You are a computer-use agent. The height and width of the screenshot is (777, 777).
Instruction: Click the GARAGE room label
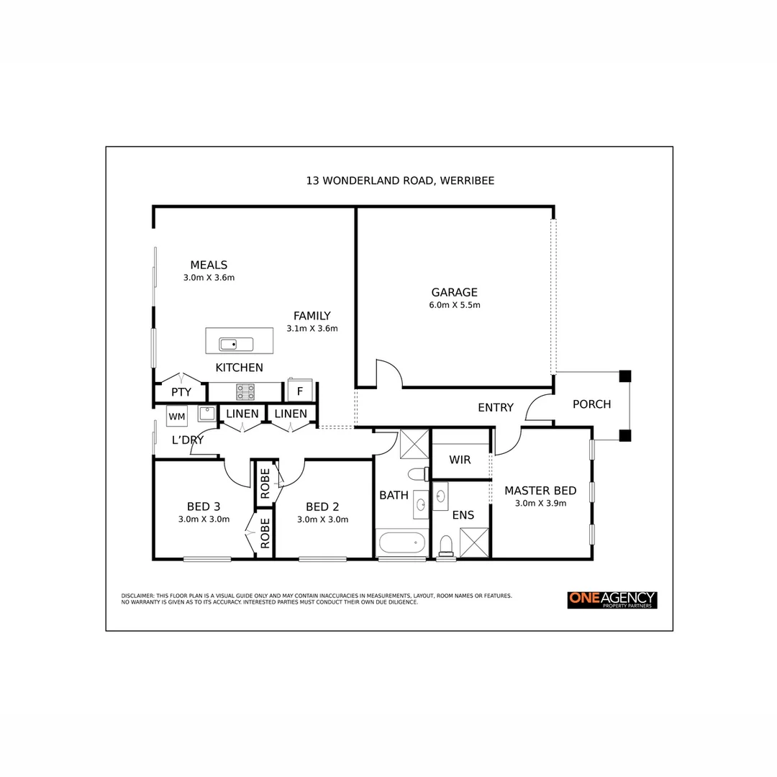click(x=454, y=292)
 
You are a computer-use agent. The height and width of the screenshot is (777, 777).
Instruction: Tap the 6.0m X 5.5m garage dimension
click(x=454, y=305)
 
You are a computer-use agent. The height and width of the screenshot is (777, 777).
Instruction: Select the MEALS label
click(x=209, y=265)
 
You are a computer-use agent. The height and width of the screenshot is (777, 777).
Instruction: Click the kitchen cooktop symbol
click(x=245, y=391)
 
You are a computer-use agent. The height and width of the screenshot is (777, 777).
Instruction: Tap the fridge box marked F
click(x=299, y=393)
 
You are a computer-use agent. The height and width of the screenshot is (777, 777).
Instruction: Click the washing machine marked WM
click(x=176, y=417)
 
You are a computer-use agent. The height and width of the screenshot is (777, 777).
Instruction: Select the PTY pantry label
click(x=181, y=392)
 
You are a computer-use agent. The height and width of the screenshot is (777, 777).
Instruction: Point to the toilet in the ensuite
click(x=446, y=545)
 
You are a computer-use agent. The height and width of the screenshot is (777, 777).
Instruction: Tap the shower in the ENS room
click(x=474, y=542)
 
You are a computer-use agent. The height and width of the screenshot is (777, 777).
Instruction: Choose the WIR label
click(x=460, y=460)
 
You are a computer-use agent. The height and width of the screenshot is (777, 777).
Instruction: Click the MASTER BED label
click(x=540, y=491)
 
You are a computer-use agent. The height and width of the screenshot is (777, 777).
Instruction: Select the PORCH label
click(x=591, y=404)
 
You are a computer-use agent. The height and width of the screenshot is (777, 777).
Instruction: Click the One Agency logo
click(x=612, y=599)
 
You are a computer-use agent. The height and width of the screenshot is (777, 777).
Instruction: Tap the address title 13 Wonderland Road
click(x=400, y=181)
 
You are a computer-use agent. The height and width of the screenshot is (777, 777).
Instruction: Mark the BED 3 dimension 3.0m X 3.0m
click(x=204, y=519)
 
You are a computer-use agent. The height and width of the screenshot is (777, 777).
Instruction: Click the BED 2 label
click(x=322, y=506)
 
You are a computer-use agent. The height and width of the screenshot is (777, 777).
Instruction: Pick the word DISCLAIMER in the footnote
click(x=137, y=596)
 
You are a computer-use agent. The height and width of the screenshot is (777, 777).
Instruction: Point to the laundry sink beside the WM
click(x=206, y=413)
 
